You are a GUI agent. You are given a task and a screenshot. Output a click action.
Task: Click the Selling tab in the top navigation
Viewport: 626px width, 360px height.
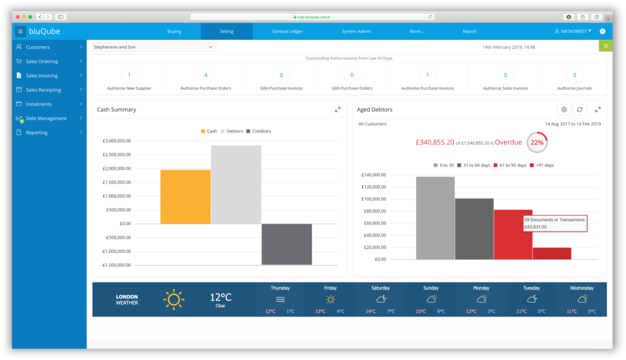pos(226,31)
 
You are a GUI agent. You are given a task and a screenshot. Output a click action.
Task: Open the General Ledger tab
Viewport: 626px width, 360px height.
pos(287,31)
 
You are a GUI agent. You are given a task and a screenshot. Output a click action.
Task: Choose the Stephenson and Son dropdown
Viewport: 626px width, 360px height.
pos(154,47)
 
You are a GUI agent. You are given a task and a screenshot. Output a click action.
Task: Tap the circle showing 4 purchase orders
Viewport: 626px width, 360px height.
pos(205,75)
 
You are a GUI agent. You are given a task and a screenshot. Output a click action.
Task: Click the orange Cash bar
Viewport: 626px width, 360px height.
pos(185,196)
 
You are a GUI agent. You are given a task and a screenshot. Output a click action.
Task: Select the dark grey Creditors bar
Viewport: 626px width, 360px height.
pos(287,244)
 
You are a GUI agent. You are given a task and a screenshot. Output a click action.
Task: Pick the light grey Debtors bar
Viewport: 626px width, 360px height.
pos(236,185)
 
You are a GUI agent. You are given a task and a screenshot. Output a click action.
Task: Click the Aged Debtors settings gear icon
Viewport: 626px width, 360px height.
pos(564,110)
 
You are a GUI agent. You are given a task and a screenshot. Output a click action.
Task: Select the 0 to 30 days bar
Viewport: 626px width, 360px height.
pos(435,218)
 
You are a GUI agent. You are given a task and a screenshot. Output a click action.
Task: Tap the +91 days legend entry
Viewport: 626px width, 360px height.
pos(544,165)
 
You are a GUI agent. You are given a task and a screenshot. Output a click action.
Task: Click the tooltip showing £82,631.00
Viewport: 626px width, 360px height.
pos(554,224)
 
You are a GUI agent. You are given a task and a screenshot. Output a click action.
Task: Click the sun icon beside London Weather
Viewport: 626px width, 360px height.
pos(173,299)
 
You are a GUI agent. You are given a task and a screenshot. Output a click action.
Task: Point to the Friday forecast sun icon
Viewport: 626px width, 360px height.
pos(330,299)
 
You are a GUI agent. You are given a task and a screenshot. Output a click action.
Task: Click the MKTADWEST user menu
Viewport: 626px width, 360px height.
pos(573,31)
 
